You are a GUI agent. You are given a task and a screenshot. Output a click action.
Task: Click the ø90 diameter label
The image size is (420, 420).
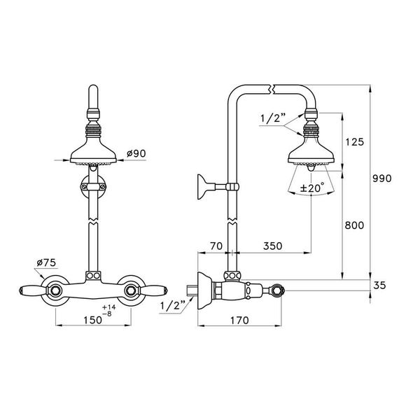[136, 153]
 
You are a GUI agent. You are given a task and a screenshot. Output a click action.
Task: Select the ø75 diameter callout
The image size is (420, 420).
[45, 264]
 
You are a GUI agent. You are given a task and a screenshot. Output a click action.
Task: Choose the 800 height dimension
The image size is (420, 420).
[356, 226]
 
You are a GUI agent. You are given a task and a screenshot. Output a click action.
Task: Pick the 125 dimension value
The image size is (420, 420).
[356, 142]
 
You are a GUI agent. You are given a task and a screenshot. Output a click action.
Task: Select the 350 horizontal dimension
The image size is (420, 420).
[275, 246]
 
